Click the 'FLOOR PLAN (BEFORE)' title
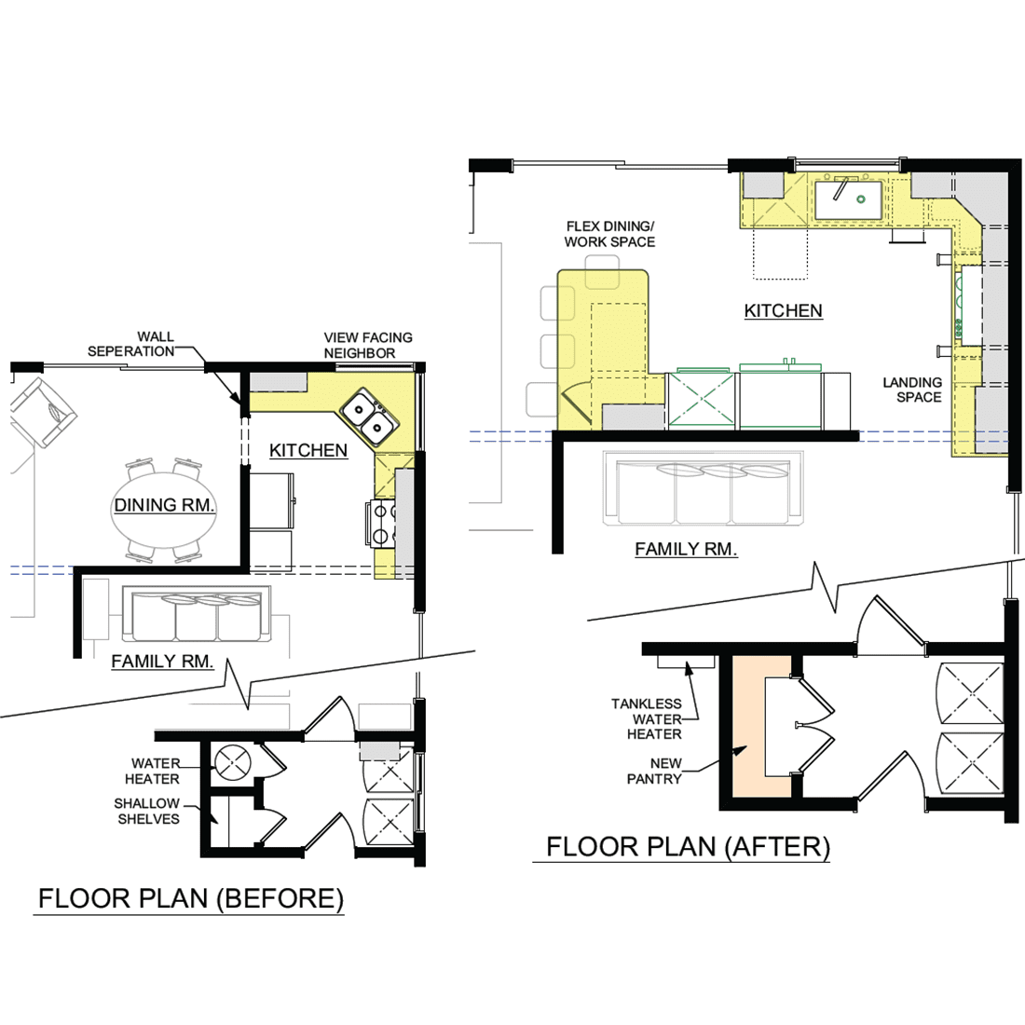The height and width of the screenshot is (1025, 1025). (x=190, y=899)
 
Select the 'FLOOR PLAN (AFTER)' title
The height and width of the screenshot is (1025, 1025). (x=688, y=847)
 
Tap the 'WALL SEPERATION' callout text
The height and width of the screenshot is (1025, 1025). (x=131, y=344)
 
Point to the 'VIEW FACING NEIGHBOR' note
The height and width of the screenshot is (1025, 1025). (x=368, y=345)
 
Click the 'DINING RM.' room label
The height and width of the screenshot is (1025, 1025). (x=164, y=505)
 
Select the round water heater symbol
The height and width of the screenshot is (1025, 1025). (x=233, y=762)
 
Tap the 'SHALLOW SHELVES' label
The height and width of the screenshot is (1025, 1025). (x=147, y=811)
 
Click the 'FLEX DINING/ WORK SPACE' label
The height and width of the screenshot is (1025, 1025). (x=610, y=234)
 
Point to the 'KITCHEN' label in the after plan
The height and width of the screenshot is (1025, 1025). (x=783, y=310)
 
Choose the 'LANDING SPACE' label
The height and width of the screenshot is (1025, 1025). (x=912, y=389)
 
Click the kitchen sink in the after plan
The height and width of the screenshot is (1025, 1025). (x=848, y=199)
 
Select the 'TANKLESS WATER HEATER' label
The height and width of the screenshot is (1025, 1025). (x=647, y=719)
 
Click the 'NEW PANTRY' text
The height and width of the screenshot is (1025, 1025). (x=654, y=772)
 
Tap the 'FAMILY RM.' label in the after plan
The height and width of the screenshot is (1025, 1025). (x=686, y=549)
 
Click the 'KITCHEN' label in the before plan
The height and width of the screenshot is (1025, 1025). (x=308, y=450)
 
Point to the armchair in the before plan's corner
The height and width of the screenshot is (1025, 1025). (x=43, y=412)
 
